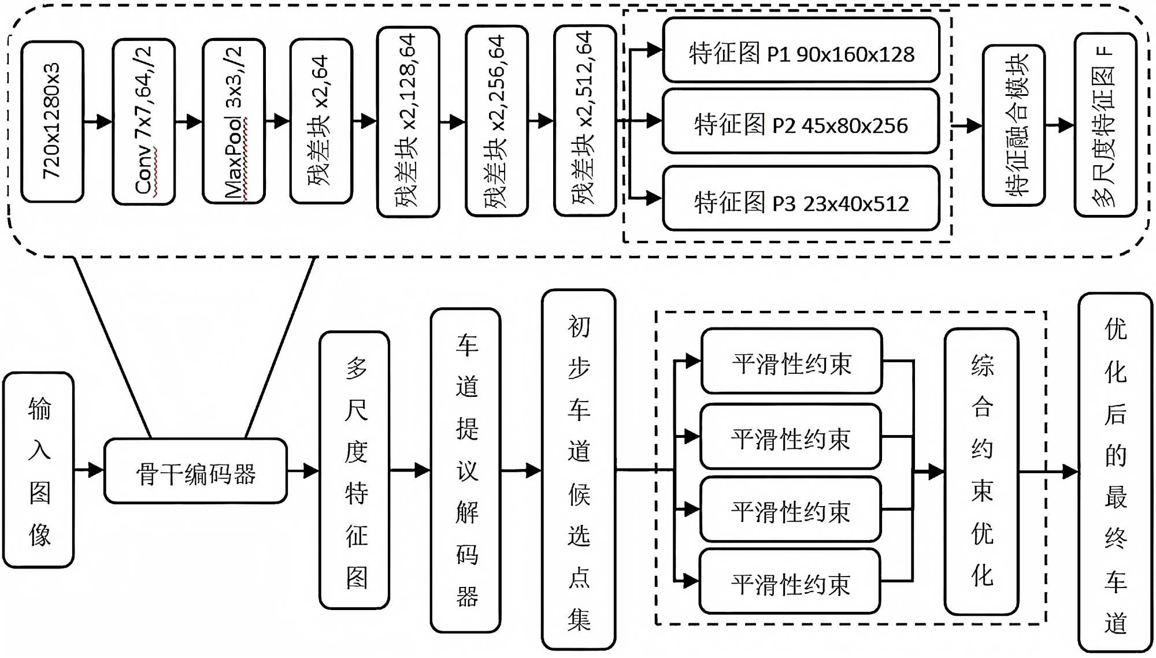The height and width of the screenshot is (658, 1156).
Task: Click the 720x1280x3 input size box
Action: pyautogui.click(x=52, y=121)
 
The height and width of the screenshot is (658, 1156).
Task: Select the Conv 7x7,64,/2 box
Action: pyautogui.click(x=144, y=121)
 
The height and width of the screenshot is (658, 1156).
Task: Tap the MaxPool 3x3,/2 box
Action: pyautogui.click(x=234, y=121)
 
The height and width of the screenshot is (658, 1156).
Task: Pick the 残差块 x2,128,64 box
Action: pyautogui.click(x=408, y=121)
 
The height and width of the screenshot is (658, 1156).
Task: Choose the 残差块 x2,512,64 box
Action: pyautogui.click(x=585, y=120)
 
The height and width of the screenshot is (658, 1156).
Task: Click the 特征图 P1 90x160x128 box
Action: pyautogui.click(x=801, y=50)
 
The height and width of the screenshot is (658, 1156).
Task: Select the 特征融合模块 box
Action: pyautogui.click(x=1014, y=125)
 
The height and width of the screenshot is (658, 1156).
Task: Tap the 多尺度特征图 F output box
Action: pyautogui.click(x=1105, y=125)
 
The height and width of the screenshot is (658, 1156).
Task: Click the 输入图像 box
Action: pyautogui.click(x=39, y=470)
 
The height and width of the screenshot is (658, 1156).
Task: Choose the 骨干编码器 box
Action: pyautogui.click(x=195, y=471)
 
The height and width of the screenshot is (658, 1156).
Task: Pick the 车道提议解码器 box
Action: pyautogui.click(x=465, y=470)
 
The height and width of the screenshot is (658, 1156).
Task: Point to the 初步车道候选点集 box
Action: pyautogui.click(x=579, y=470)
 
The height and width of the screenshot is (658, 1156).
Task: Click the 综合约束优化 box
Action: pyautogui.click(x=981, y=471)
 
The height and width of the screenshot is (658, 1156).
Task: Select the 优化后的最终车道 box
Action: pyautogui.click(x=1116, y=472)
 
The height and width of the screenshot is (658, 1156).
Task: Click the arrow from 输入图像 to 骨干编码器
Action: pyautogui.click(x=89, y=470)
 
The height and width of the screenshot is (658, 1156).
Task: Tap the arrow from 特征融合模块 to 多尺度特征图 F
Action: pyautogui.click(x=1060, y=125)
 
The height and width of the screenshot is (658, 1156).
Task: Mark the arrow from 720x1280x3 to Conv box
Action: pyautogui.click(x=98, y=121)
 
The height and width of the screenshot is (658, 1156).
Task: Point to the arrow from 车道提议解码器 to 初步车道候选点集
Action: pyautogui.click(x=521, y=471)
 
